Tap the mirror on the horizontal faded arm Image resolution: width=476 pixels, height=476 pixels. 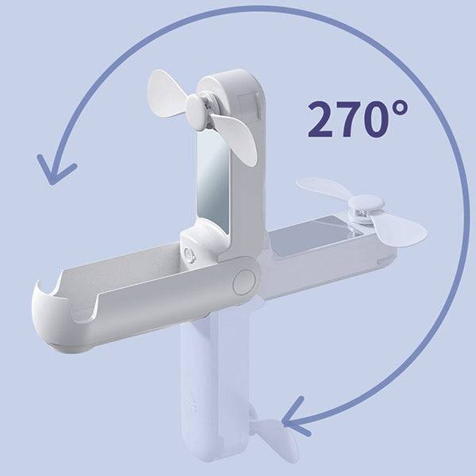[x=316, y=236]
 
